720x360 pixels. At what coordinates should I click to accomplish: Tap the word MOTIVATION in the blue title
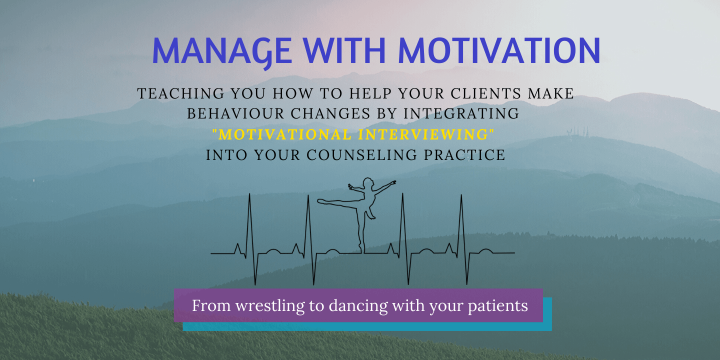point(499,50)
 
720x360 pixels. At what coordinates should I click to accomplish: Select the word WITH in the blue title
point(344,50)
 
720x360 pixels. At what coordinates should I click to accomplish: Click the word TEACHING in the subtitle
point(180,93)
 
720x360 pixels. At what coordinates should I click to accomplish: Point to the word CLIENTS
point(485,93)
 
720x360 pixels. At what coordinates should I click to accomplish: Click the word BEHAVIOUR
point(235,113)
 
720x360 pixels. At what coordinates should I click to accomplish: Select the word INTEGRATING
point(461,113)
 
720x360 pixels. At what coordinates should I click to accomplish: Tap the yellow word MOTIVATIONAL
point(282,134)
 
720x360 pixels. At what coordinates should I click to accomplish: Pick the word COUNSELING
point(361,155)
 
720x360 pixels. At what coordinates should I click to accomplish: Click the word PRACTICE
point(464,155)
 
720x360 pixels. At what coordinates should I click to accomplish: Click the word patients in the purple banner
point(497,305)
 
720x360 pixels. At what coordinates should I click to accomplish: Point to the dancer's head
point(368,183)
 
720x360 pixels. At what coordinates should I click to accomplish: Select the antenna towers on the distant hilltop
point(577,131)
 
